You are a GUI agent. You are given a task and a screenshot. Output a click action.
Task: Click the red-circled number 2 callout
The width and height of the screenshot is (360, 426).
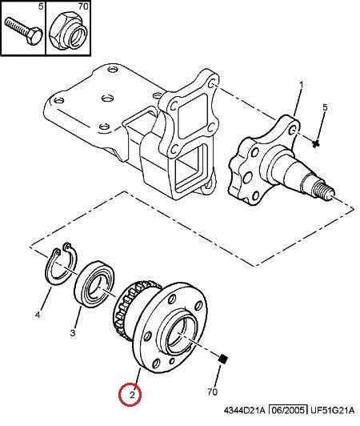tap(132, 395)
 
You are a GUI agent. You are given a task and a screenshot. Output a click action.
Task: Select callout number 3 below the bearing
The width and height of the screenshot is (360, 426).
tap(73, 332)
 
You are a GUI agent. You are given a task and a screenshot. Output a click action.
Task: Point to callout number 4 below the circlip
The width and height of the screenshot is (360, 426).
tap(38, 315)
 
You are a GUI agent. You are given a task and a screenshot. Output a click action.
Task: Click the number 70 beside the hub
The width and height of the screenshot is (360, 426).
tap(213, 392)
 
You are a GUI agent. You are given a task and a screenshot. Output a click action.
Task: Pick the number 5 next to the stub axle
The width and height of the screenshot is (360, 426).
tap(325, 107)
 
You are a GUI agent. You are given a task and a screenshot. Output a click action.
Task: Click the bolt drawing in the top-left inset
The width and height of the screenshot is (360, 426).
tap(24, 30)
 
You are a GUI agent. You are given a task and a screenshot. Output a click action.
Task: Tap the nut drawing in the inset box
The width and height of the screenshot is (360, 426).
tap(68, 31)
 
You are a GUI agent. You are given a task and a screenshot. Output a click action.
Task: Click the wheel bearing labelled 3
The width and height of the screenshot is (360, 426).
tap(94, 284)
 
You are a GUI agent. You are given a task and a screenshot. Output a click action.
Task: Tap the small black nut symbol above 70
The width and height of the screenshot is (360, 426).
tap(223, 360)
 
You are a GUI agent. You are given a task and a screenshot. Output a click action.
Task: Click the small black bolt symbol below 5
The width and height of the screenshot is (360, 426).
tap(315, 143)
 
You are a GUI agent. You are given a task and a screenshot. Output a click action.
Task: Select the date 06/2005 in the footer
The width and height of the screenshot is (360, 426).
tap(288, 410)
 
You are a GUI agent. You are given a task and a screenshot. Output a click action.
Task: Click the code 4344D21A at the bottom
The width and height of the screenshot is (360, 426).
tap(244, 410)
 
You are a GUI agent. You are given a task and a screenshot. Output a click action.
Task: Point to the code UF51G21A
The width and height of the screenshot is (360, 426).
tap(332, 410)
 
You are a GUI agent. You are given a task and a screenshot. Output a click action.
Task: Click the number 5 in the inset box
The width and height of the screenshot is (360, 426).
tap(41, 6)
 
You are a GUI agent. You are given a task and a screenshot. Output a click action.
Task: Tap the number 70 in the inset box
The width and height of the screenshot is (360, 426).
tap(83, 6)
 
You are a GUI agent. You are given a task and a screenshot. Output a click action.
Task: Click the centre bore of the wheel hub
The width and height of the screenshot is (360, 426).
tap(179, 336)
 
